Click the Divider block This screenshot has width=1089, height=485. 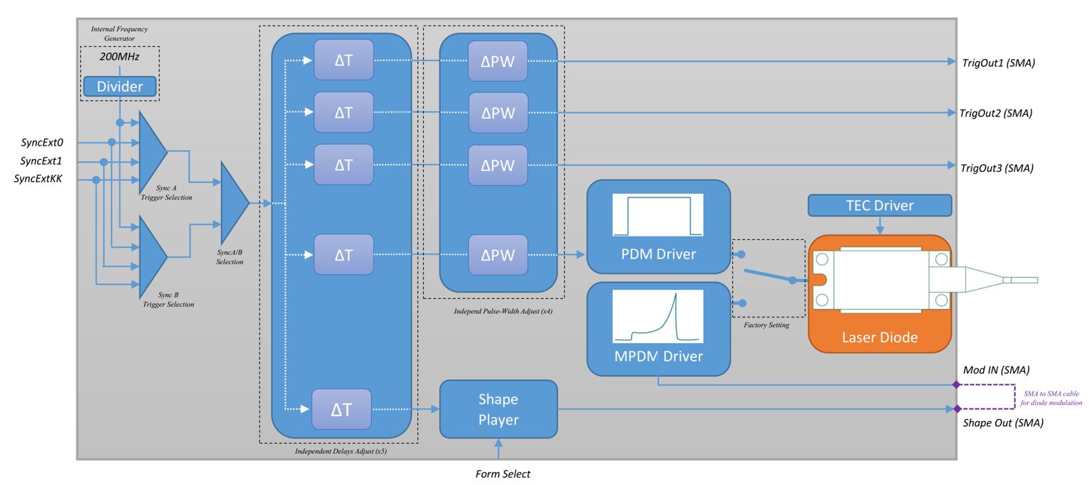click(x=119, y=87)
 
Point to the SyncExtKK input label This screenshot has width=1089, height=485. click(x=38, y=180)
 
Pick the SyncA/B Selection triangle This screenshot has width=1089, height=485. click(x=234, y=202)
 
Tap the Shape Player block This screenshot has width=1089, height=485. click(x=498, y=409)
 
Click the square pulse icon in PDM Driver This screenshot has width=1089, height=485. click(x=658, y=214)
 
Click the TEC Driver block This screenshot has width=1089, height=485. click(x=880, y=206)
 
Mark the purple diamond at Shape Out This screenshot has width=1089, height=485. click(x=955, y=409)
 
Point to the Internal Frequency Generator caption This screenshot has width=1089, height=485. click(x=119, y=33)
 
